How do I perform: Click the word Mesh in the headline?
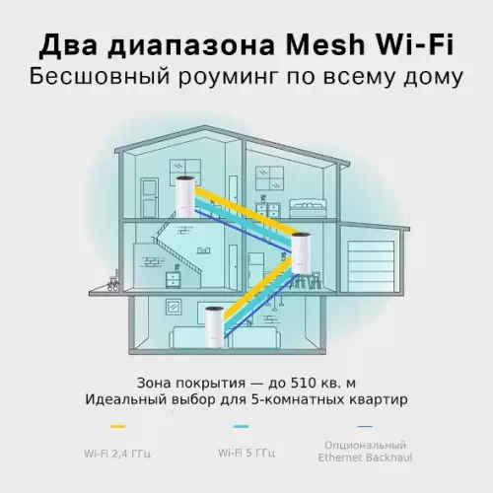pos(325,44)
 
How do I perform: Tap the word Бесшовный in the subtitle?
pos(100,77)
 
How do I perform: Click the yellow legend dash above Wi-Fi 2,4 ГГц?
pos(118,427)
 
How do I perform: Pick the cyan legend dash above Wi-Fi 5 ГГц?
pos(242,427)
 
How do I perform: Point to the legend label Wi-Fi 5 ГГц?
pos(246,453)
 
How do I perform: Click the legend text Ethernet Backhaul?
pos(365,458)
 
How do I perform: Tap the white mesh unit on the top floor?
pos(185,197)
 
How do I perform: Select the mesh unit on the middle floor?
pos(301,252)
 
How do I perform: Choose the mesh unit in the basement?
pos(215,326)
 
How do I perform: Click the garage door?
pos(371,266)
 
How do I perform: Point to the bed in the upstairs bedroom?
pos(308,208)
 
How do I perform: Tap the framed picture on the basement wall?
pos(174,307)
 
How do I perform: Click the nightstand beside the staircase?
pos(173,280)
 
